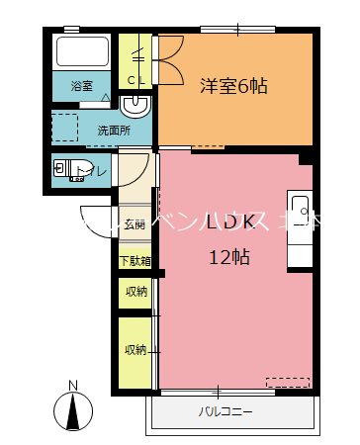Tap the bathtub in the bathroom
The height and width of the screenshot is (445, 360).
point(81,55)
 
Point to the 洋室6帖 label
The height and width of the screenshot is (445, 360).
point(232,85)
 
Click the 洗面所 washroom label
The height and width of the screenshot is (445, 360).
point(112,130)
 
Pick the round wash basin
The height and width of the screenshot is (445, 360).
point(136,106)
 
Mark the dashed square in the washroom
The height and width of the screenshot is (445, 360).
point(64,128)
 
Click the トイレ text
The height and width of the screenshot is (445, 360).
point(93,172)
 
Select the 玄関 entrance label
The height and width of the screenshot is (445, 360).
point(135,224)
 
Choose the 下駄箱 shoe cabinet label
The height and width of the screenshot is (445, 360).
point(135,262)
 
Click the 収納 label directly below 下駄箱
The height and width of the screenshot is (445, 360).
point(135,291)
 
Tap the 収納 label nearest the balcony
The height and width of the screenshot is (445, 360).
point(135,350)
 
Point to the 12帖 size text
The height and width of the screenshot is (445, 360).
point(229,257)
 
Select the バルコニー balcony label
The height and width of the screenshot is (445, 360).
point(225,410)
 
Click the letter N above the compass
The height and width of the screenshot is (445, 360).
point(71,386)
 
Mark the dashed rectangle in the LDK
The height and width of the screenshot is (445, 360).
point(287,381)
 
